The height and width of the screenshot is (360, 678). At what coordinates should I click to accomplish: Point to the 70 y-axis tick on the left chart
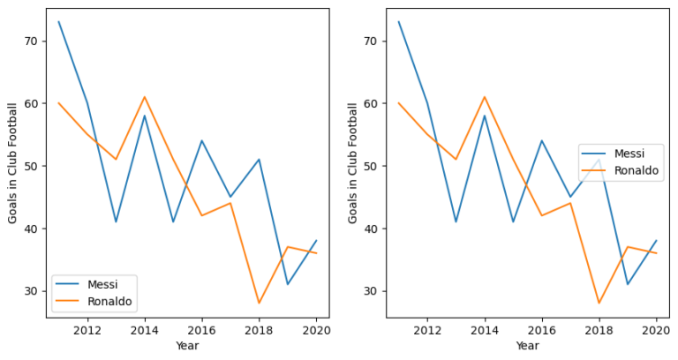pos(31,41)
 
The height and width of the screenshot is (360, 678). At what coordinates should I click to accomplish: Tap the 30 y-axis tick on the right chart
pos(371,291)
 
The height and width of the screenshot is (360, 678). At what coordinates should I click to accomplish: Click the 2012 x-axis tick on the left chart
pos(87,331)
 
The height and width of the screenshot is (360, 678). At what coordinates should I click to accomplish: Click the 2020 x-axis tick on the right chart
pos(656,331)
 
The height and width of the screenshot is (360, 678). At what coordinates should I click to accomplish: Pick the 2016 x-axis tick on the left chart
pos(201,331)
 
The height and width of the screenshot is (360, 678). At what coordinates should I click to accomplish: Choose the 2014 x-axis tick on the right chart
pos(485,331)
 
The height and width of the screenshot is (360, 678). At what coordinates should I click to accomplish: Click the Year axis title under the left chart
pos(187,346)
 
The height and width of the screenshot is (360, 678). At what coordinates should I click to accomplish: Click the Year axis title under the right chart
pos(527,346)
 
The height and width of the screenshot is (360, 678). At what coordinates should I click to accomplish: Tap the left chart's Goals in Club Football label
pos(12,163)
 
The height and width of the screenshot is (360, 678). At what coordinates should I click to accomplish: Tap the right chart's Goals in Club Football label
pos(352,163)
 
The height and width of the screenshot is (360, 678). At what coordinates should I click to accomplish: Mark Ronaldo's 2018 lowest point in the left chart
pos(259,303)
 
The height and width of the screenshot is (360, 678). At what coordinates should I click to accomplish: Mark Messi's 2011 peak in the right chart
pos(399,22)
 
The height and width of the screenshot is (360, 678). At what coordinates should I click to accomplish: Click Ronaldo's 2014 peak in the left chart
pos(145,97)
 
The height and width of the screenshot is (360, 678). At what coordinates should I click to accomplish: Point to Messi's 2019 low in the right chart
pos(628,284)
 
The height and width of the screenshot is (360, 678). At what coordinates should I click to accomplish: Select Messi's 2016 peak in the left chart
pos(201,140)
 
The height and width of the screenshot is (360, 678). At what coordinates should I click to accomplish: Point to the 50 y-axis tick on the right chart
pos(371,166)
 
